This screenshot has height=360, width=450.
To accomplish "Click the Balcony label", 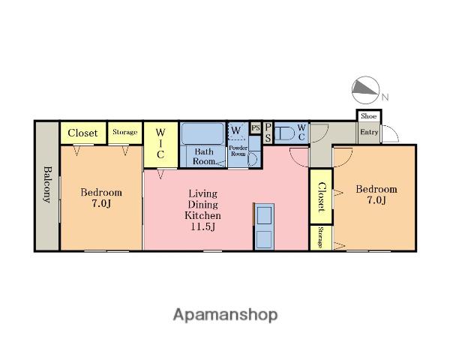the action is (x=48, y=184).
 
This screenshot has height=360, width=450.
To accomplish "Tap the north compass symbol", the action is (x=366, y=90).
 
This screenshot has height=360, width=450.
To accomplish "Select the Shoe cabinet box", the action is (x=369, y=116).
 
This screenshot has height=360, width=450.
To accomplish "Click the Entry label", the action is (x=369, y=132).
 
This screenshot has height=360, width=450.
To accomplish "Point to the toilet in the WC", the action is (x=284, y=133).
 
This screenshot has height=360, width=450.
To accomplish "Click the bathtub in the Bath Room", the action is (x=202, y=133).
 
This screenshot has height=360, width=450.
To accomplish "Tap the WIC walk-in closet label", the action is (x=160, y=143).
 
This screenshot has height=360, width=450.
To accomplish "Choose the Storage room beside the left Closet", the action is (x=124, y=132).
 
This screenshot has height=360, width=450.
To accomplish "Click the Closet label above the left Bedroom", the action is (x=82, y=133).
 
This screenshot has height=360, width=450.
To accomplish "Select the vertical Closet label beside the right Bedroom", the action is (x=322, y=197).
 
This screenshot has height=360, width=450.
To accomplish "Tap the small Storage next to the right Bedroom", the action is (x=321, y=238).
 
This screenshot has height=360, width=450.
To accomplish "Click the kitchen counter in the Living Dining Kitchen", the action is (x=264, y=226).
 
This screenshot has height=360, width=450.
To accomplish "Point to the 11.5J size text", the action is (x=203, y=226).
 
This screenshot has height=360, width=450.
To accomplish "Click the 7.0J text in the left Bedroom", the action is (x=101, y=203).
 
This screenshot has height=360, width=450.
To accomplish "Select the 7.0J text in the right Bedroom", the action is (x=376, y=200).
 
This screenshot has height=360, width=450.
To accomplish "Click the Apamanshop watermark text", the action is (x=225, y=315).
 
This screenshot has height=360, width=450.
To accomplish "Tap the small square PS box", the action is (x=256, y=127).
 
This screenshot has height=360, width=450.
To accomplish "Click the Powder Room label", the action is (x=238, y=151).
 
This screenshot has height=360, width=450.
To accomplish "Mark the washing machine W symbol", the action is (x=236, y=130).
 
